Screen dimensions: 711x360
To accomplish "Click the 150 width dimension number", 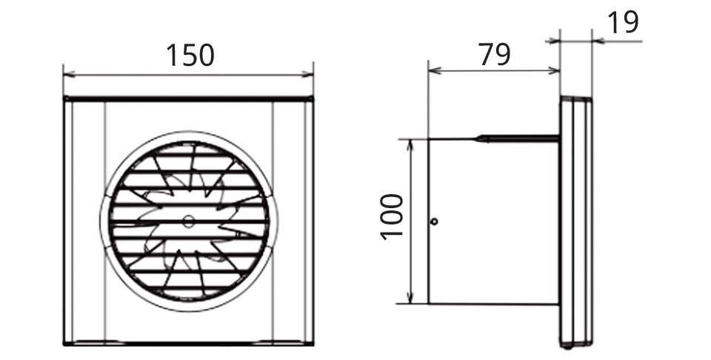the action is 190,56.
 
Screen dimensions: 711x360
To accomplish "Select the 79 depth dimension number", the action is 495,54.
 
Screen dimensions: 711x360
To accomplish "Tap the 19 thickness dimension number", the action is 623,23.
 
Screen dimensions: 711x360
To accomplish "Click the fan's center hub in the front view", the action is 187,221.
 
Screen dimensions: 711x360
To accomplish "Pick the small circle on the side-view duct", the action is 434,221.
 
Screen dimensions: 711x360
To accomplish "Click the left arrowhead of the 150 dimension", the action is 70,74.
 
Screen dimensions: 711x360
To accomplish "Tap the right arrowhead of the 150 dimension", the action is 307,74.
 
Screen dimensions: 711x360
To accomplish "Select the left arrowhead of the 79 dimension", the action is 435,70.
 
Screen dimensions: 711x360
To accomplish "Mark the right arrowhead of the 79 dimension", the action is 554,70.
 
